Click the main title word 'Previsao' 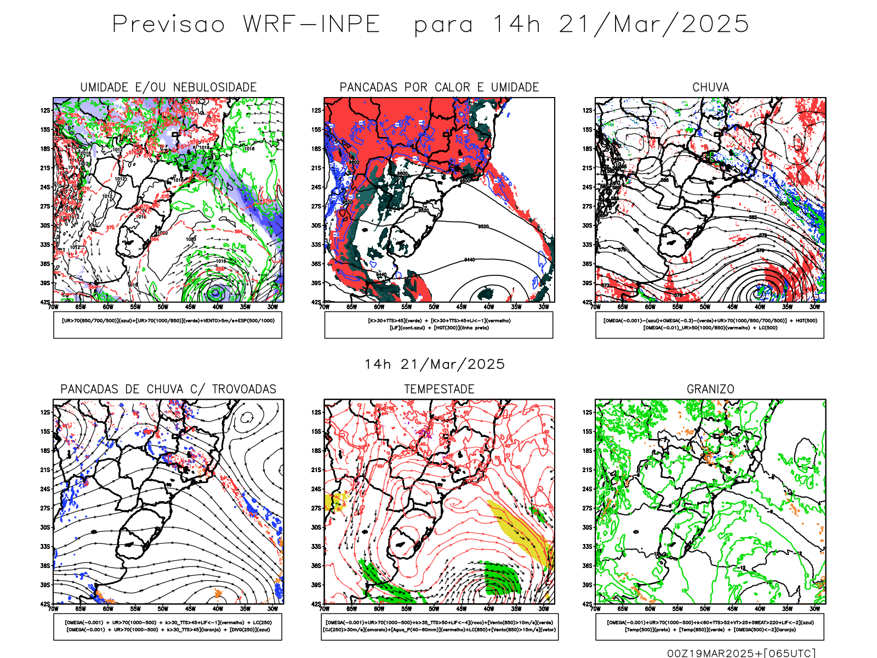(x=168, y=25)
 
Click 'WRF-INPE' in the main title (x=311, y=25)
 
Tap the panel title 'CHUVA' (x=710, y=87)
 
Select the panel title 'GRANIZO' (x=710, y=389)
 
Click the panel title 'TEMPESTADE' (x=439, y=389)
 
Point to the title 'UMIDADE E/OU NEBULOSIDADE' (x=168, y=87)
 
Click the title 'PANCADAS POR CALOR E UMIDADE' (x=439, y=87)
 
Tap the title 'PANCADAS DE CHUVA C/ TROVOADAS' (x=168, y=389)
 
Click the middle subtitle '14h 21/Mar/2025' (x=435, y=364)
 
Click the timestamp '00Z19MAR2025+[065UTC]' (x=741, y=653)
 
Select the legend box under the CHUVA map (x=710, y=325)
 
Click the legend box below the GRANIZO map (x=710, y=626)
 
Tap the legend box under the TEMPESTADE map (x=439, y=626)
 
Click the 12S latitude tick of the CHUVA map (x=588, y=110)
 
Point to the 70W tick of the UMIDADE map (x=53, y=307)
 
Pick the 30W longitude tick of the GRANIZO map (x=815, y=609)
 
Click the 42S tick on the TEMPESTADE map (x=317, y=604)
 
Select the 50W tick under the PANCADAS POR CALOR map (x=434, y=307)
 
